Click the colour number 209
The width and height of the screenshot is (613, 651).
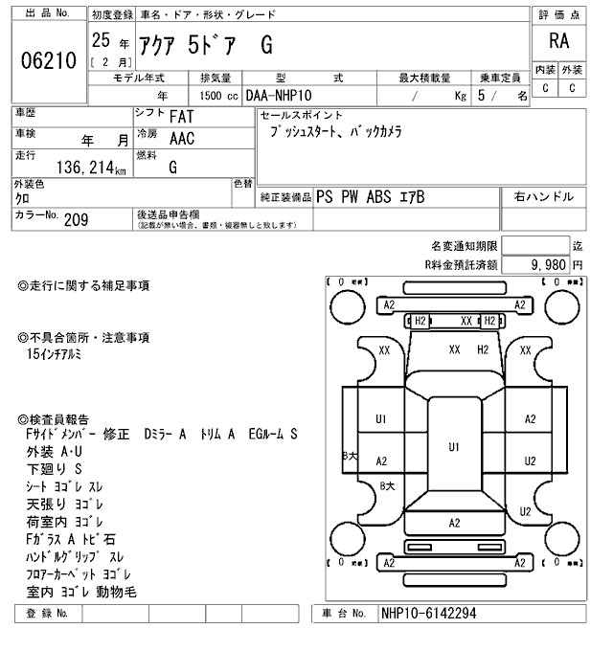click(76, 220)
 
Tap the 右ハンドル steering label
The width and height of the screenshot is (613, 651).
click(544, 197)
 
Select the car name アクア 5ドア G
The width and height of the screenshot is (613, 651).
click(207, 42)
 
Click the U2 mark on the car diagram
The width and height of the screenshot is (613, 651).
click(530, 461)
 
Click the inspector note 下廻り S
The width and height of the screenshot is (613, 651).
click(56, 469)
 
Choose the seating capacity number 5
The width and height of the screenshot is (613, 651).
click(494, 97)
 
